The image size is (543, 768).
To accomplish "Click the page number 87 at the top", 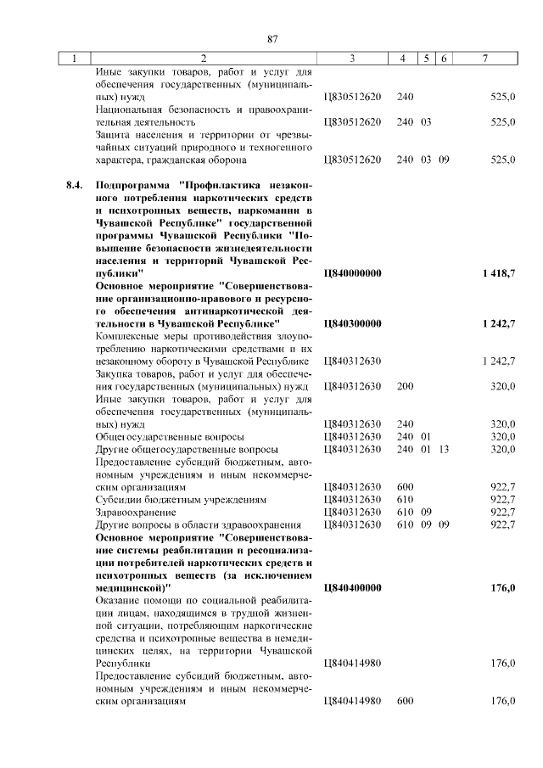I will [x=272, y=38].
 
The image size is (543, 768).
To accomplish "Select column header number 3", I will [x=351, y=59].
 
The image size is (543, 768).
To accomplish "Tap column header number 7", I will [x=484, y=59].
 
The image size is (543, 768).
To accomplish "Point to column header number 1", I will [x=75, y=59].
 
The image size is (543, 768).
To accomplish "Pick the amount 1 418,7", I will [x=497, y=274].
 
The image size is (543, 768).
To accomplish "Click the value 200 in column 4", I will [x=405, y=386].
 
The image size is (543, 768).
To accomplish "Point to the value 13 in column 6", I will [x=444, y=449].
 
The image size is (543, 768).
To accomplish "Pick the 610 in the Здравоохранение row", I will [x=405, y=512].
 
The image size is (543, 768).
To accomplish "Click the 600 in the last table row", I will [x=405, y=700].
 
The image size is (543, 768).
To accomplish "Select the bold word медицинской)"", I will [x=133, y=586].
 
